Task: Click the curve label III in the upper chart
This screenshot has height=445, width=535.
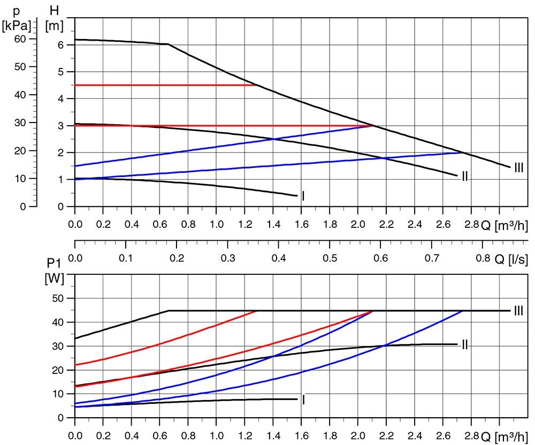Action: [518, 168]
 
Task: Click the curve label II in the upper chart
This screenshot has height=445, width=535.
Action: [465, 176]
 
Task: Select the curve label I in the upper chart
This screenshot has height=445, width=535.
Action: [303, 196]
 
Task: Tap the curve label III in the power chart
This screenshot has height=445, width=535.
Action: [518, 311]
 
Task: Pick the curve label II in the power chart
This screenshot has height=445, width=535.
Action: [465, 344]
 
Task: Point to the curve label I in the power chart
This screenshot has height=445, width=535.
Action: [303, 400]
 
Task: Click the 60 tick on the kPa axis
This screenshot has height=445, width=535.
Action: [21, 39]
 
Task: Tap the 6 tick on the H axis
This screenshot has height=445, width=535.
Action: [61, 45]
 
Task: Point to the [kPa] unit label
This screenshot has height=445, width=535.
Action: [17, 25]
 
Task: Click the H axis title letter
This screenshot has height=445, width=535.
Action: [53, 10]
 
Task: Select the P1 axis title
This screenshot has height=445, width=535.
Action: [53, 263]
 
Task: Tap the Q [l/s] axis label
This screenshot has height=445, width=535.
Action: [511, 259]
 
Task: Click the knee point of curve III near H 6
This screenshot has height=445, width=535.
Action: [168, 44]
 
